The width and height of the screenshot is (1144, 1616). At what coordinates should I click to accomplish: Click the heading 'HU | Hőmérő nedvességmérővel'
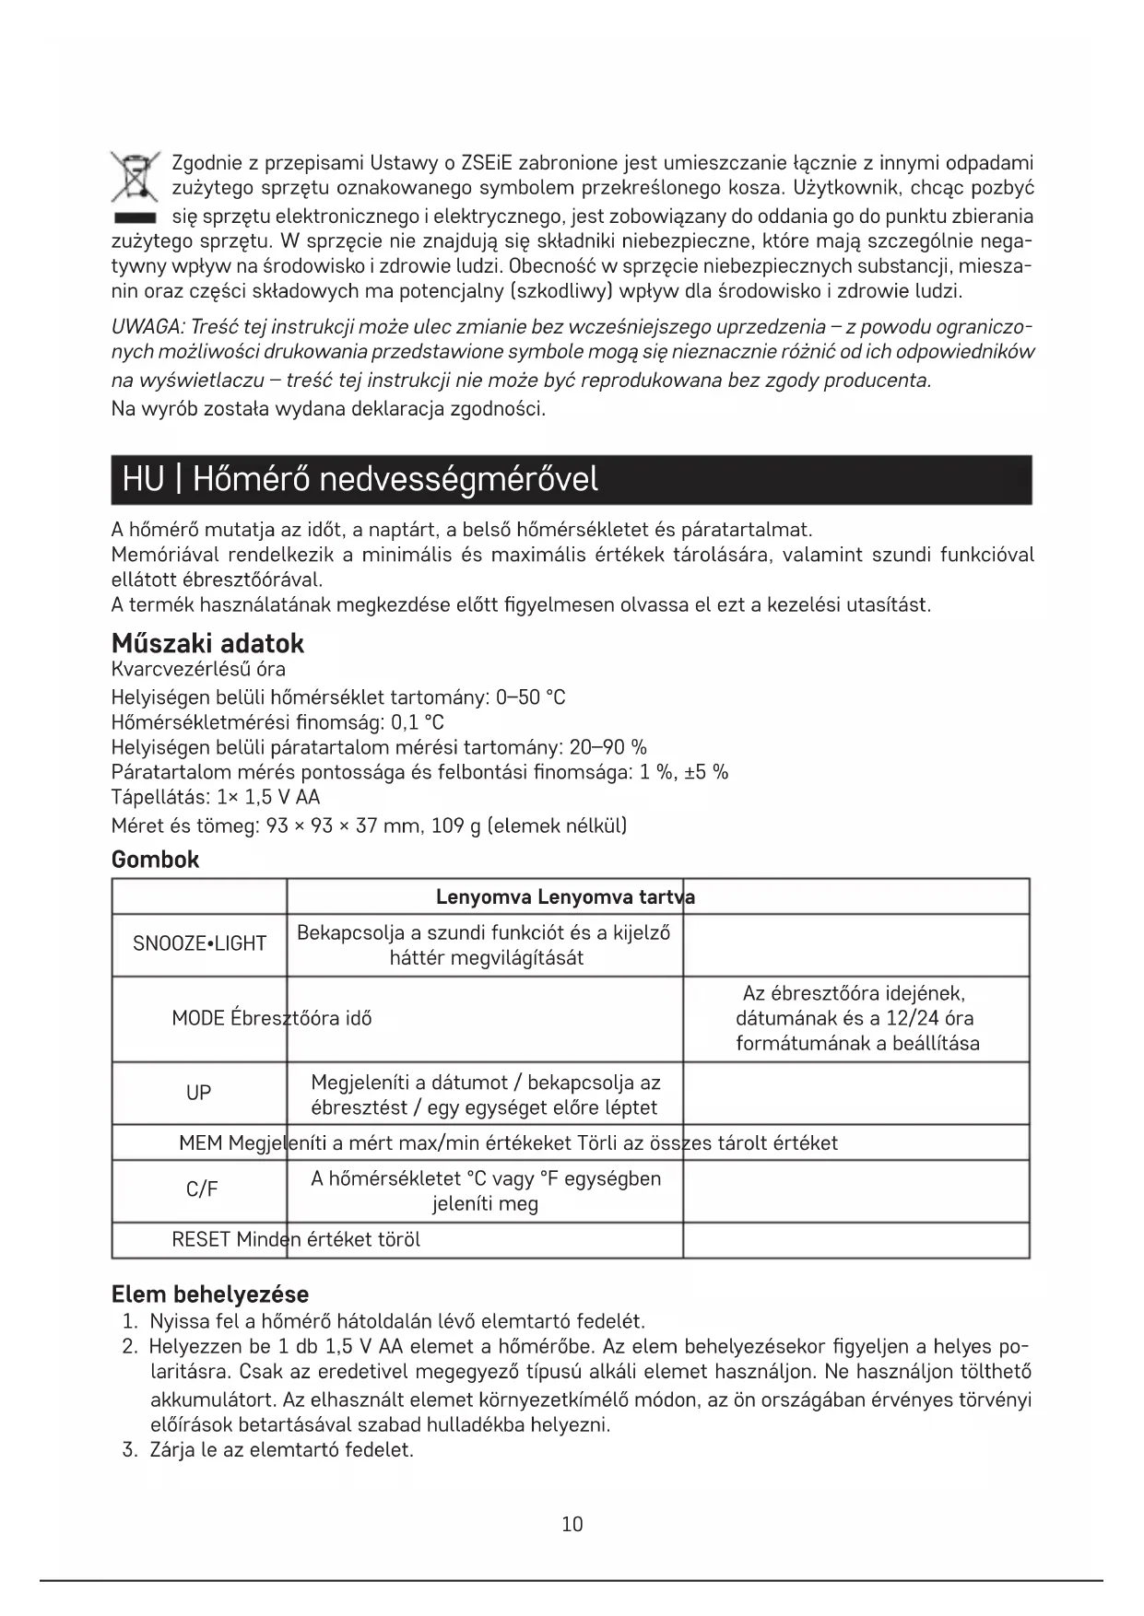360,479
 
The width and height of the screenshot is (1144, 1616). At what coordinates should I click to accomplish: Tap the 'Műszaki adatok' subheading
207,643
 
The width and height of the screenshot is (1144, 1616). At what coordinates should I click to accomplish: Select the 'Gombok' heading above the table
155,860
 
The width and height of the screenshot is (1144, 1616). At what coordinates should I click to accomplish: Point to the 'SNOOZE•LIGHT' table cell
199,943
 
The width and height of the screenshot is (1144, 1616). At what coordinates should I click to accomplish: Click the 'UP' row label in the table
198,1093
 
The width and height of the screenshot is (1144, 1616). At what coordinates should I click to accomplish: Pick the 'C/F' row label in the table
202,1189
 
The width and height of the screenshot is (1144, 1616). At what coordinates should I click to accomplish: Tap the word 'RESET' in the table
201,1239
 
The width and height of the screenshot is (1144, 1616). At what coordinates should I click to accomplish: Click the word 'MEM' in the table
200,1143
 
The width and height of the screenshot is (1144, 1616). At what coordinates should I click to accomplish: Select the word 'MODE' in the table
198,1018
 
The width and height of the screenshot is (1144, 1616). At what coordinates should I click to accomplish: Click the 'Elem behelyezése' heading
209,1294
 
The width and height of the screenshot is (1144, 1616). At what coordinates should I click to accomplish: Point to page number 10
572,1525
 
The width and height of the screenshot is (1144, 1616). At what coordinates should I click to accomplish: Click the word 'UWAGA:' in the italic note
147,327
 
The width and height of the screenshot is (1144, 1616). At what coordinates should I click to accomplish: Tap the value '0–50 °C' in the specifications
530,697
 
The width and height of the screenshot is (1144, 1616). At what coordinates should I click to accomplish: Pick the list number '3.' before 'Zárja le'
130,1449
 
